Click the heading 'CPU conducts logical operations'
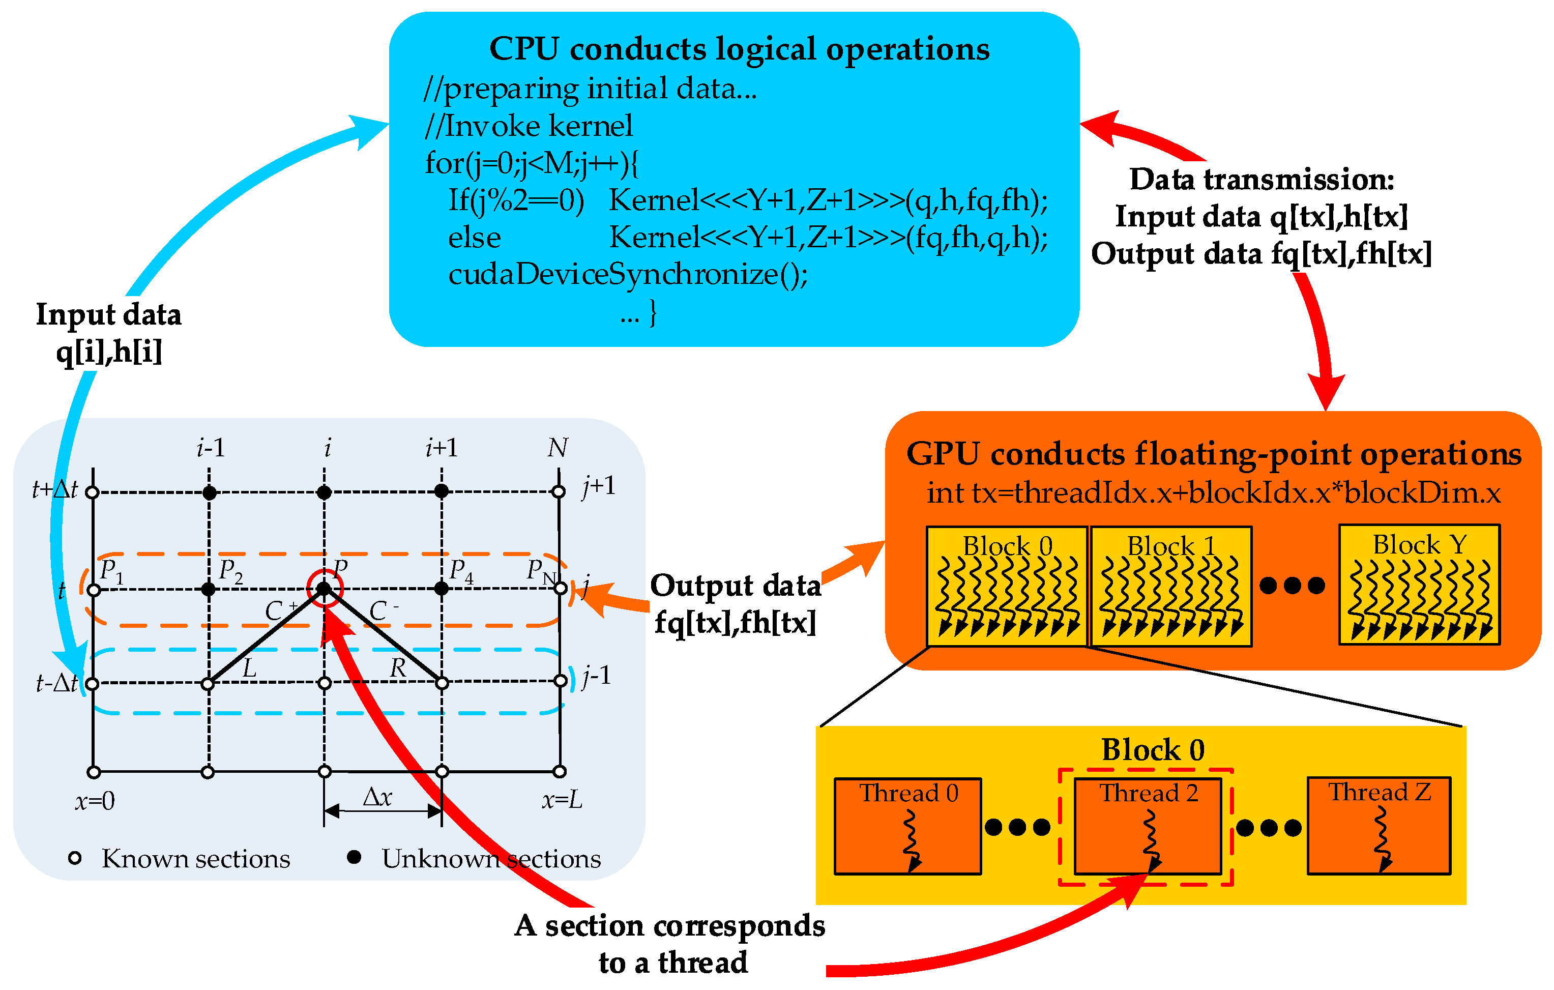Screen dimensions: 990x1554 coord(739,49)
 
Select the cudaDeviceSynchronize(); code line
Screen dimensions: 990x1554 coord(627,275)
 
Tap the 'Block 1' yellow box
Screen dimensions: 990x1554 coord(1170,586)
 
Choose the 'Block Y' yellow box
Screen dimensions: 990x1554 coord(1419,585)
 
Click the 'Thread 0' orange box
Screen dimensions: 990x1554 coord(907,826)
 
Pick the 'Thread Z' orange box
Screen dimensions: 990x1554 coord(1379,826)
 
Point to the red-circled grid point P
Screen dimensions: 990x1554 coord(324,588)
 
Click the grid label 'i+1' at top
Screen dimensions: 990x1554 coord(442,447)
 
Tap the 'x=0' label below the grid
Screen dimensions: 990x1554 coord(95,801)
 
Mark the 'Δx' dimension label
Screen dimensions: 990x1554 coord(377,798)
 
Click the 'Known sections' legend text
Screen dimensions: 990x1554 coord(195,859)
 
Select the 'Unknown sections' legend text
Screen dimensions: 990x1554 coord(491,859)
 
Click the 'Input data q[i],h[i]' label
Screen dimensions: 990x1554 coord(108,333)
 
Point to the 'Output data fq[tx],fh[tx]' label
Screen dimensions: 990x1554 coord(735,604)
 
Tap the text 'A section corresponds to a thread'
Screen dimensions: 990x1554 coord(670,944)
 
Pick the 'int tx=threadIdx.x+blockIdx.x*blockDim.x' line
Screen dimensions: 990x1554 coord(1213,493)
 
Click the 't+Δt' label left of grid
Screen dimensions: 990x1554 coord(54,490)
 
